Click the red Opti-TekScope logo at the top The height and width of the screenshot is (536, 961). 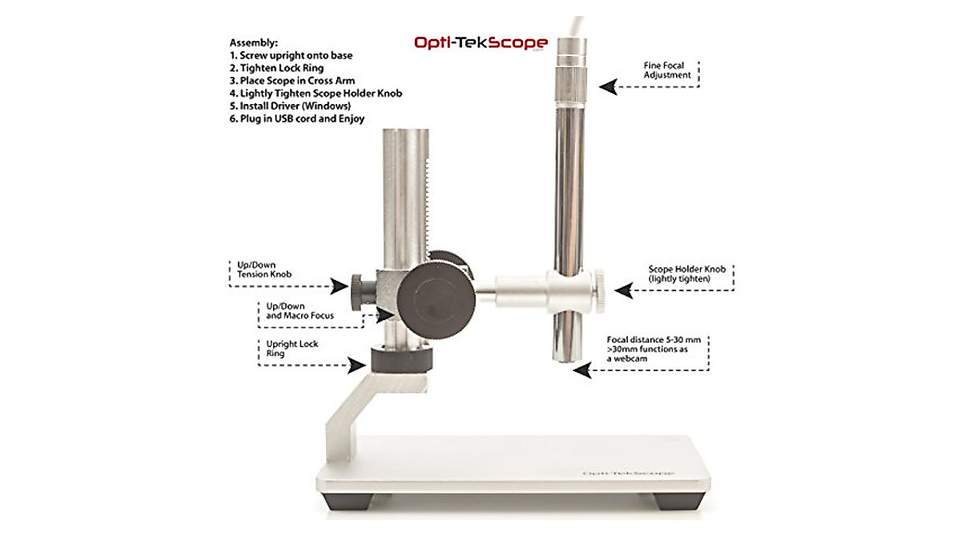click(480, 42)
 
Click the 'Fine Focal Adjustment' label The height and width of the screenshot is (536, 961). click(667, 70)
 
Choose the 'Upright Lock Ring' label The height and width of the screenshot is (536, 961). click(292, 349)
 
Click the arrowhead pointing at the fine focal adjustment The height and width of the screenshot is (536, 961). click(609, 86)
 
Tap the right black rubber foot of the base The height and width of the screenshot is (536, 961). click(675, 502)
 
